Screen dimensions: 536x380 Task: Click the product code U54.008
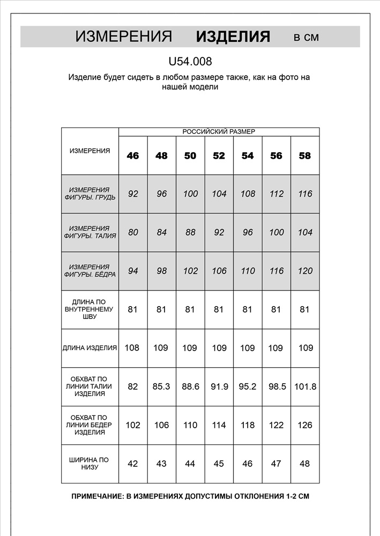pos(190,62)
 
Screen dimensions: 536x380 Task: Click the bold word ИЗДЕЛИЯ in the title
pos(233,37)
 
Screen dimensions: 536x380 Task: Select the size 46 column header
pos(133,156)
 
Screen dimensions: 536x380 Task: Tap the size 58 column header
pos(304,156)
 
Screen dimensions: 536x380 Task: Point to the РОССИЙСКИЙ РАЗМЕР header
pos(219,132)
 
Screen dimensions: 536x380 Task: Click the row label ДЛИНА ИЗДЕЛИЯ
pos(90,348)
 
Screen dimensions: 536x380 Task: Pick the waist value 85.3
pos(161,386)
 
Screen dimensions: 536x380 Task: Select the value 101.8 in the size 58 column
pos(305,386)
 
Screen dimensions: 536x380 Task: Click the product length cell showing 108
pos(132,348)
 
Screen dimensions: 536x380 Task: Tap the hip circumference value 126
pos(304,425)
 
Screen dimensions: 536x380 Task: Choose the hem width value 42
pos(133,464)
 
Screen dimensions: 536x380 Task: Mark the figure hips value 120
pos(304,271)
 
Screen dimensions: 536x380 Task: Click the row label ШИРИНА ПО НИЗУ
pos(90,464)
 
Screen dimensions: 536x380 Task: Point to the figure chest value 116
pos(304,193)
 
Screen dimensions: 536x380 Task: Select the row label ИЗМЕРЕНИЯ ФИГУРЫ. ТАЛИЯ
pos(90,232)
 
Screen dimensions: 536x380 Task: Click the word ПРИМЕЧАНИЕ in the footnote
pos(97,496)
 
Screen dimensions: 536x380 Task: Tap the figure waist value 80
pos(133,232)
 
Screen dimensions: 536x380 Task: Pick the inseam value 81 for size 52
pos(219,309)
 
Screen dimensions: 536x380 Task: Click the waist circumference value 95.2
pos(247,386)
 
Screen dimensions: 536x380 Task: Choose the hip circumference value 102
pos(133,425)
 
